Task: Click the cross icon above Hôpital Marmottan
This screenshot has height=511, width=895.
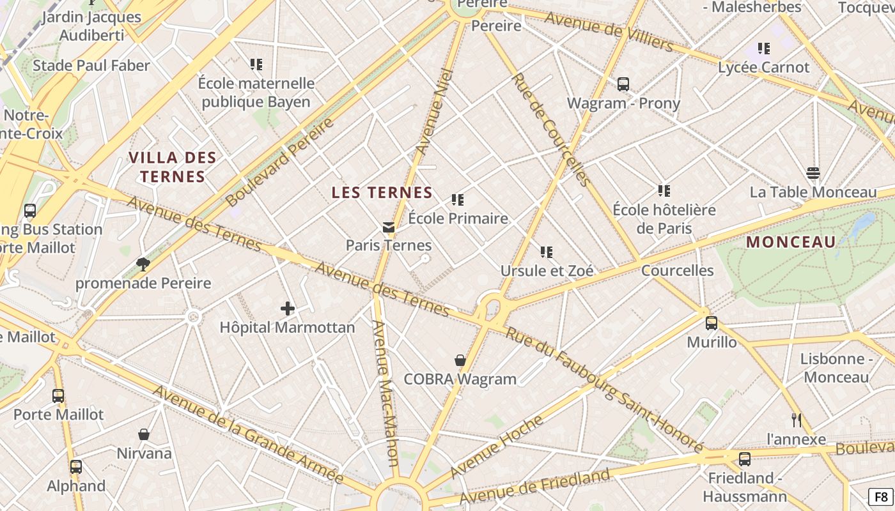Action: [288, 309]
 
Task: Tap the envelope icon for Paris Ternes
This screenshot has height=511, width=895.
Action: [388, 227]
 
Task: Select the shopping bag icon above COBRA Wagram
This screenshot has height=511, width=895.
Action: [460, 360]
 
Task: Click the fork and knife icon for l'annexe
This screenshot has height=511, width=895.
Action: [796, 420]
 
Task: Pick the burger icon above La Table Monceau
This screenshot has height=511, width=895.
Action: [813, 173]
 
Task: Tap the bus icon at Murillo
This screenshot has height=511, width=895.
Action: [711, 323]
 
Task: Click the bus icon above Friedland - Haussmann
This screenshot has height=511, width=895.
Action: [744, 459]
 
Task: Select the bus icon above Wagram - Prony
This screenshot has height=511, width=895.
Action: [623, 84]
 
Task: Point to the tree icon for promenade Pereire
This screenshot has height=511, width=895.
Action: [143, 264]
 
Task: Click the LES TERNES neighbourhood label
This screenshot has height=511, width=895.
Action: [382, 192]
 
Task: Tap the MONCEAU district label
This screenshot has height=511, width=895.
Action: [791, 242]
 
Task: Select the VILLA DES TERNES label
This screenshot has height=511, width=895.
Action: [173, 167]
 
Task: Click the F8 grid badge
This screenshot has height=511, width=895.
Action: [880, 496]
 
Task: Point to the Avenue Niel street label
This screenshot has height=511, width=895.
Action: [434, 112]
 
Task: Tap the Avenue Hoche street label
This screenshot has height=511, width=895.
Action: [497, 446]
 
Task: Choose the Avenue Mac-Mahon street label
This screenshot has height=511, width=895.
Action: [385, 393]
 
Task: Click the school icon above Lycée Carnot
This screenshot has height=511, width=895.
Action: [763, 49]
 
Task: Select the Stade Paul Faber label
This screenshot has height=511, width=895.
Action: [91, 66]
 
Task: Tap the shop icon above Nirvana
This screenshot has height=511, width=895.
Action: [144, 434]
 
